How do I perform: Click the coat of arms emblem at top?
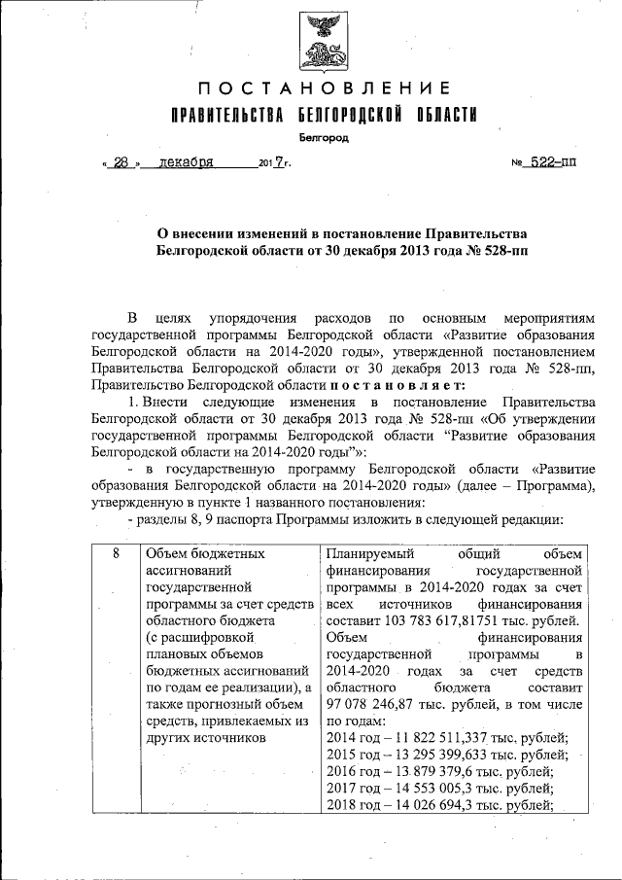pyautogui.click(x=322, y=42)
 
